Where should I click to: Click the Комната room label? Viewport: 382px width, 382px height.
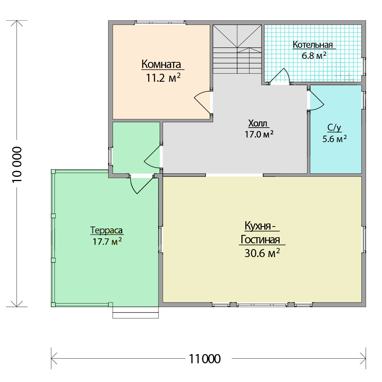(x=161, y=64)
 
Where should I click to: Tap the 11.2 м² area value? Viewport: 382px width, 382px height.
(x=163, y=78)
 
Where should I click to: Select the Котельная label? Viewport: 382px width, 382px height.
(x=312, y=45)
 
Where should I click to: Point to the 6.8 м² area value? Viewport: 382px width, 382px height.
(x=314, y=55)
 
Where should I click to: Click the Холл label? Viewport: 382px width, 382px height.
(x=258, y=123)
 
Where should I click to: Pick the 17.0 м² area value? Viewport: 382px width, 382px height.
(x=259, y=134)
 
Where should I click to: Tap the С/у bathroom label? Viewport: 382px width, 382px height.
(x=334, y=128)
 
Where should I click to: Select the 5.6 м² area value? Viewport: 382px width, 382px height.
(x=335, y=139)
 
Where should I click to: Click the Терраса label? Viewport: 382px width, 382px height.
(x=106, y=230)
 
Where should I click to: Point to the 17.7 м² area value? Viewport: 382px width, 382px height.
(x=107, y=242)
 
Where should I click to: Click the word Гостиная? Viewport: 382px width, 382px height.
(x=260, y=240)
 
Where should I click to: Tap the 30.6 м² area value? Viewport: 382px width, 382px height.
(x=262, y=253)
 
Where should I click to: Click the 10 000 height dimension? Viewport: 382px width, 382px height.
(x=17, y=164)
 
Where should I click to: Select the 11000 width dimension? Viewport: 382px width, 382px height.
(x=205, y=359)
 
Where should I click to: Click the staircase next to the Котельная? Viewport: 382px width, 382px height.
(x=237, y=49)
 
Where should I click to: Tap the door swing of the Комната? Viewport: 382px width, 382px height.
(x=203, y=102)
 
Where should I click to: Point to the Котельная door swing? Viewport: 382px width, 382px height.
(x=280, y=76)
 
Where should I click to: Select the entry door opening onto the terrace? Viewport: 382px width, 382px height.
(x=142, y=185)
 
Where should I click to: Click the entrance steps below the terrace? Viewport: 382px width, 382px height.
(x=136, y=312)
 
